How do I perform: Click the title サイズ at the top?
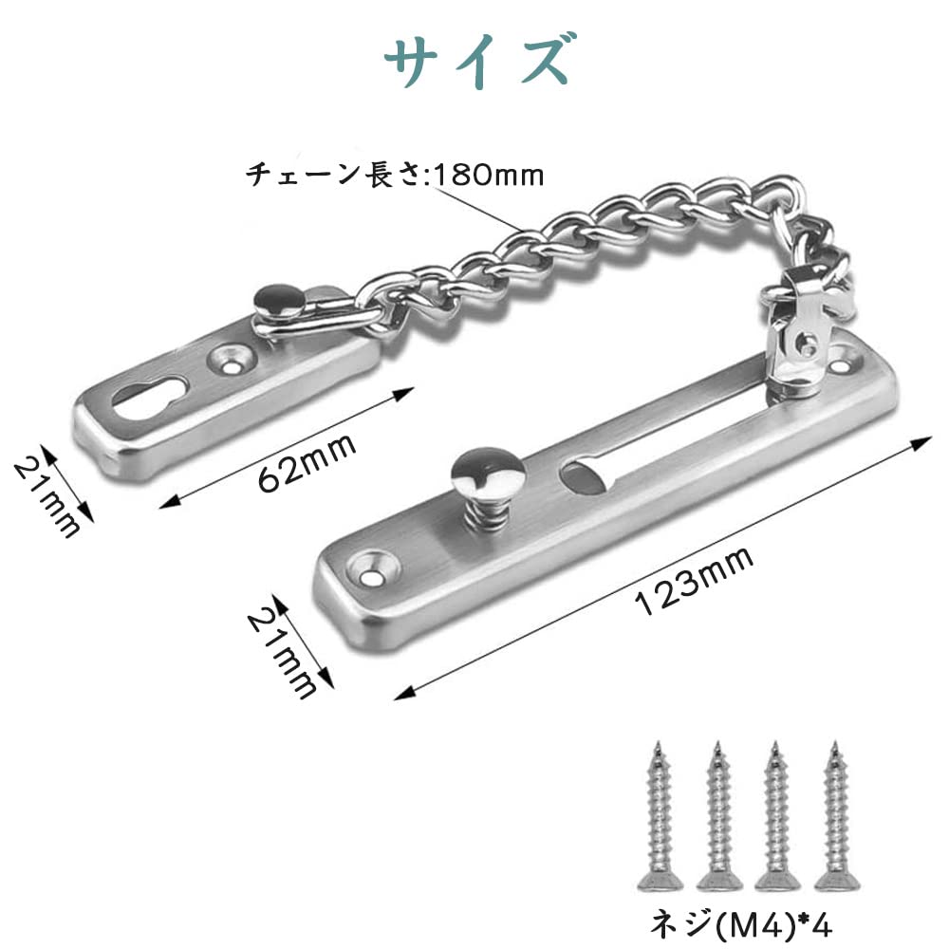[x=476, y=62]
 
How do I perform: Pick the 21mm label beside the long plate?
[x=283, y=653]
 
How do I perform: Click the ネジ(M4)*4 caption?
[x=741, y=923]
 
